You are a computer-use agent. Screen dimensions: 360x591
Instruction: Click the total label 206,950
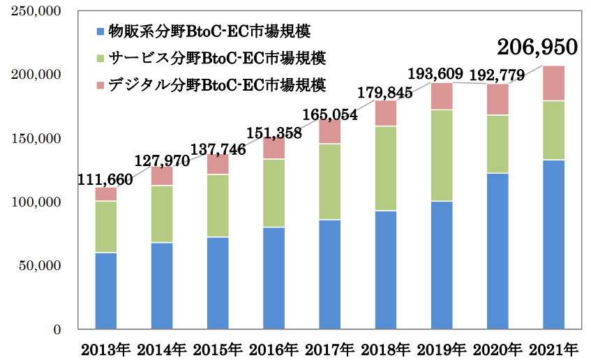537,47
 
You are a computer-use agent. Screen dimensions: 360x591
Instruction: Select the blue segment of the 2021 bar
553,244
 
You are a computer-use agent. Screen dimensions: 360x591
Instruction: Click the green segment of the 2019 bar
442,155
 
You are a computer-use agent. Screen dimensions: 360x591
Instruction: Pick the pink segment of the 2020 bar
498,100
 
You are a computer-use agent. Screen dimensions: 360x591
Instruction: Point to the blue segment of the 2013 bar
106,290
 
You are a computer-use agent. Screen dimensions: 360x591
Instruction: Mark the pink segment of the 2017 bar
329,131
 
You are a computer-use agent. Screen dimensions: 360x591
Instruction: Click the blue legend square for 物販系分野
100,31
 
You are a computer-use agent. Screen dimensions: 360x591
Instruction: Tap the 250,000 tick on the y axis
36,12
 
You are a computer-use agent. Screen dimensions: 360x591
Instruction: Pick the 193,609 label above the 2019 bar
441,73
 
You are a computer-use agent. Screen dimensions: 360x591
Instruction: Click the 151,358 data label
274,130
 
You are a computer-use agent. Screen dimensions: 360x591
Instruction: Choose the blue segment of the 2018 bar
386,269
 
